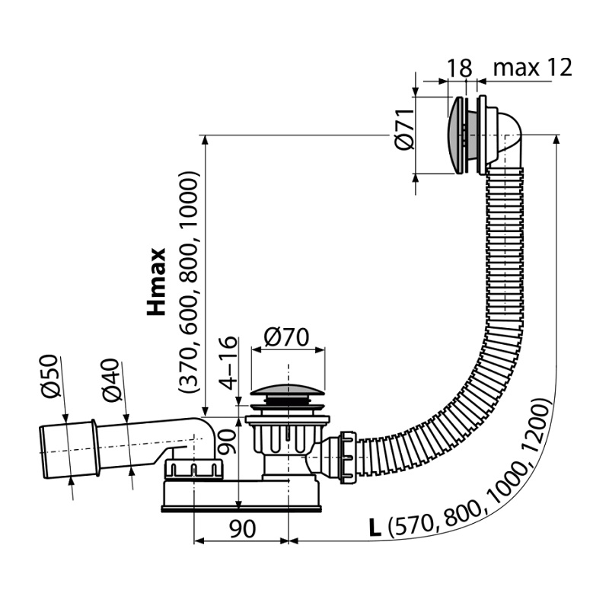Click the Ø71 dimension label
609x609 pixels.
[x=404, y=129]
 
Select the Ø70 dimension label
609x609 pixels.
[x=286, y=336]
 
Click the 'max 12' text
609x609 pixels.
[x=532, y=68]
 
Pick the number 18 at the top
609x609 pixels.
[x=460, y=68]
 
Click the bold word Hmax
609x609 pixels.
[x=156, y=281]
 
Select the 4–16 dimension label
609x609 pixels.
[x=228, y=363]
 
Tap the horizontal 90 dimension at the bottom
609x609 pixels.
[x=243, y=528]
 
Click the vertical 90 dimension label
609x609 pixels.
[x=227, y=442]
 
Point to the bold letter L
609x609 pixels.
[x=375, y=528]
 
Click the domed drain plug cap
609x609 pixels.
[x=288, y=390]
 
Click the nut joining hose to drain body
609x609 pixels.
[x=348, y=458]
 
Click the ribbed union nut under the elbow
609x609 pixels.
[x=194, y=469]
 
